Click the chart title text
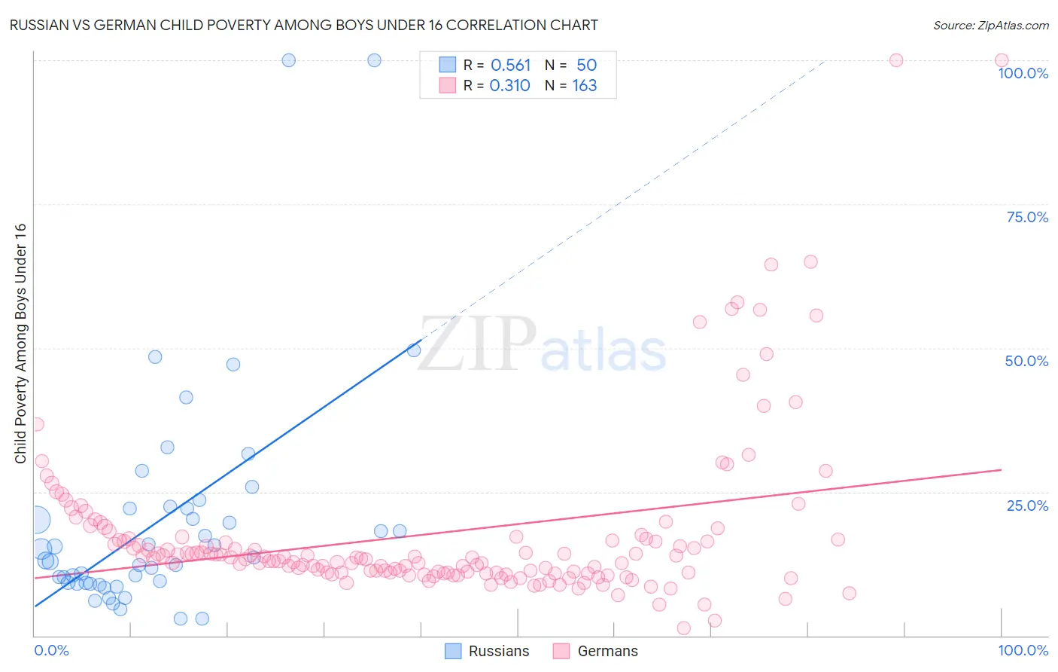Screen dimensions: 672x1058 point(303,25)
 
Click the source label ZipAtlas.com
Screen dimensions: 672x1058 point(990,25)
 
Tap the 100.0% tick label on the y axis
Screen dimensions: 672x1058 point(1023,73)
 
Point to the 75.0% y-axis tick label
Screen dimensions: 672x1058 point(1027,217)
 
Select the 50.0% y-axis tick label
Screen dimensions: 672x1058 point(1026,361)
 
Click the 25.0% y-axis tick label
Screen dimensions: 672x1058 point(1027,506)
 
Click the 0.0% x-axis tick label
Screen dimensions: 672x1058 point(51,650)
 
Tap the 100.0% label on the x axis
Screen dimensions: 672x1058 point(1023,650)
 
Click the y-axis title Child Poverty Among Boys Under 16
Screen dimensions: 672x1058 point(20,344)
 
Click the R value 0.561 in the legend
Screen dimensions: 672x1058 point(510,66)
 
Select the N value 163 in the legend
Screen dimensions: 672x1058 point(585,86)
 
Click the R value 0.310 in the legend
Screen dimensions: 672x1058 point(509,86)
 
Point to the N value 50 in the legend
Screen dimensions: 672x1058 point(586,66)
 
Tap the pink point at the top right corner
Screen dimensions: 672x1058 point(1001,60)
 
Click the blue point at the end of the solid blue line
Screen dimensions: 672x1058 point(414,350)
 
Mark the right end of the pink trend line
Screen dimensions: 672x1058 point(1001,469)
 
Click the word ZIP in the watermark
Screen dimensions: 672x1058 point(477,345)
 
